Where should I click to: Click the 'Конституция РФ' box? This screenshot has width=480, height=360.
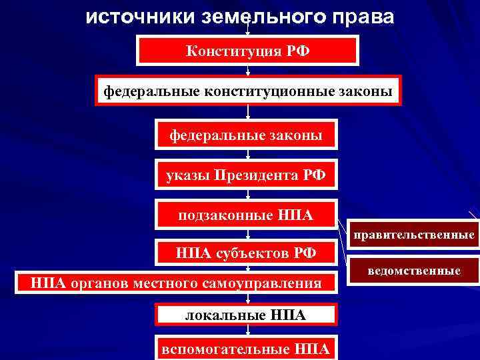(248, 50)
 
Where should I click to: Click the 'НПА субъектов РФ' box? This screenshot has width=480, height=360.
(246, 253)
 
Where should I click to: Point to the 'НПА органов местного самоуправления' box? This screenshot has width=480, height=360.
(176, 283)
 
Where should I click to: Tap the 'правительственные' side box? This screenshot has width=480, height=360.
(414, 235)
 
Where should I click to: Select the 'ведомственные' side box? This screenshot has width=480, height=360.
(414, 271)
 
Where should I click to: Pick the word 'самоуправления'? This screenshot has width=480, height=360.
(270, 283)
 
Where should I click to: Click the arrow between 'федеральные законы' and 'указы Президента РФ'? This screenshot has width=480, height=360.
(248, 155)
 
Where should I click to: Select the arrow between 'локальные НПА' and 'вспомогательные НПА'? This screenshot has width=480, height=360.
(248, 331)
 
